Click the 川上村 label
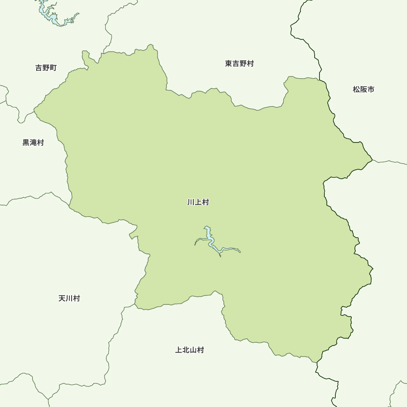tap(198, 202)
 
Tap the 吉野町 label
tap(46, 68)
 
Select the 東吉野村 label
tap(239, 63)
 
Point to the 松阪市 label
tap(363, 89)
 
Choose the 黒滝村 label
tap(33, 142)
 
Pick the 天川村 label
tap(69, 298)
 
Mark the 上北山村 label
tap(190, 350)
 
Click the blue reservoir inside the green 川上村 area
tap(209, 238)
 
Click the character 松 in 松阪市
tap(357, 89)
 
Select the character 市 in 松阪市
tap(371, 89)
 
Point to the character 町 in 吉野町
tap(53, 68)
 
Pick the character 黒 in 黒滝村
tap(26, 142)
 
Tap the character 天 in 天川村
tap(62, 298)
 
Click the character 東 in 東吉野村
tap(228, 63)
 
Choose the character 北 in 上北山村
tap(186, 350)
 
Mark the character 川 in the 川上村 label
tap(191, 202)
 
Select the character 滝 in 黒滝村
tap(33, 142)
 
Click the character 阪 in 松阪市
tap(363, 89)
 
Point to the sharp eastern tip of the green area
tap(372, 159)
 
